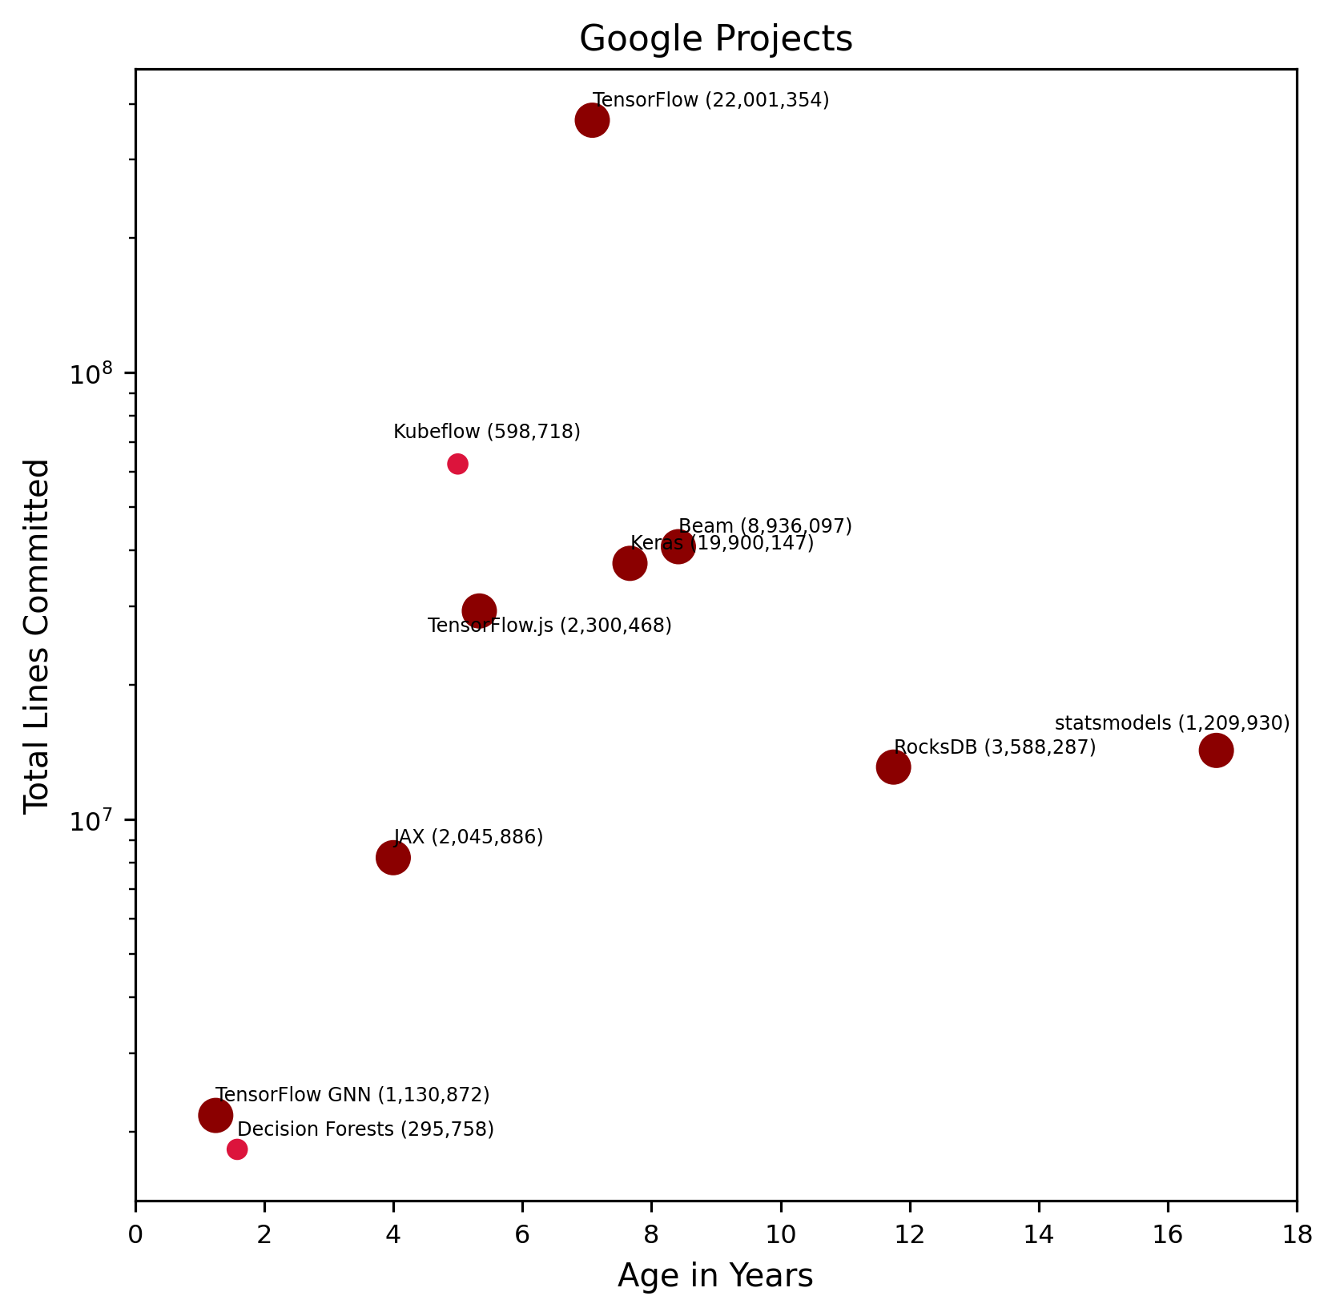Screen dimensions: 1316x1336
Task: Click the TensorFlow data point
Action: click(x=592, y=121)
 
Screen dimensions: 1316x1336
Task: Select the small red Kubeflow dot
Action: click(x=457, y=464)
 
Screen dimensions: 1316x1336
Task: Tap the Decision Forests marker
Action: click(x=237, y=1149)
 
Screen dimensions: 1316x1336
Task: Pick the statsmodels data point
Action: click(x=1216, y=751)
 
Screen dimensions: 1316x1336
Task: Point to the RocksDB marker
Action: click(x=893, y=767)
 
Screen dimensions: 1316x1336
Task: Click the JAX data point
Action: click(x=392, y=858)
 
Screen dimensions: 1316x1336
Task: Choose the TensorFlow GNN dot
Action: click(x=215, y=1115)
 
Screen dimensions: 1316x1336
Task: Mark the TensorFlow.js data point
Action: click(x=479, y=611)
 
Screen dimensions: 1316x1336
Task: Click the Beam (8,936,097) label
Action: click(x=765, y=526)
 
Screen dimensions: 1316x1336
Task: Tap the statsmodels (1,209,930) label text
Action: click(x=1172, y=723)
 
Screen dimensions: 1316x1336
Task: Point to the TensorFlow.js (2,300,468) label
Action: click(x=549, y=626)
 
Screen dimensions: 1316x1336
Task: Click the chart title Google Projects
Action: click(x=715, y=39)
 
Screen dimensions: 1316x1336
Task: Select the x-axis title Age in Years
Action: click(x=715, y=1276)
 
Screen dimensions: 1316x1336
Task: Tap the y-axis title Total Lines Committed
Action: click(x=37, y=636)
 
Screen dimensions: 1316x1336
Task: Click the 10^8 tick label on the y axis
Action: click(x=92, y=373)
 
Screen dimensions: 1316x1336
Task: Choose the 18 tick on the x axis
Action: click(x=1296, y=1235)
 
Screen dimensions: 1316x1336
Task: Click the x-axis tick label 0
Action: click(x=135, y=1235)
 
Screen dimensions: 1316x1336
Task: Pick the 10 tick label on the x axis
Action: click(x=780, y=1235)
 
